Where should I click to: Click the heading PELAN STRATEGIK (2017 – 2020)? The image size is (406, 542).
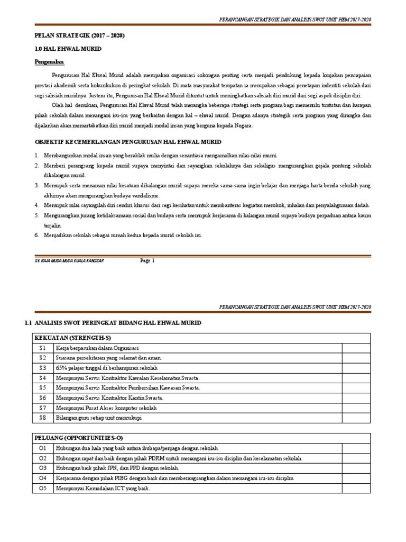tap(80, 35)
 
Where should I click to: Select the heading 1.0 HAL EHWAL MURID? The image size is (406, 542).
tap(68, 49)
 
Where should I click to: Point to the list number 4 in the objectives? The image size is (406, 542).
tap(37, 205)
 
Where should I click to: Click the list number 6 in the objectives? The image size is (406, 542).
tap(37, 235)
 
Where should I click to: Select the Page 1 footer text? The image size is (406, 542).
tap(147, 260)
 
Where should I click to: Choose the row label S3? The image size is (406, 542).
tap(43, 368)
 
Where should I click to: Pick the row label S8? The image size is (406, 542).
tap(43, 418)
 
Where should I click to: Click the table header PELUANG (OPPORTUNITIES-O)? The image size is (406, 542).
tap(79, 438)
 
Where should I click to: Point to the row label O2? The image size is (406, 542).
tap(43, 458)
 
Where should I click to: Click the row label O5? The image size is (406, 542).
tap(43, 489)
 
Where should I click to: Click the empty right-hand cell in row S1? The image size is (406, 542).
tap(357, 348)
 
